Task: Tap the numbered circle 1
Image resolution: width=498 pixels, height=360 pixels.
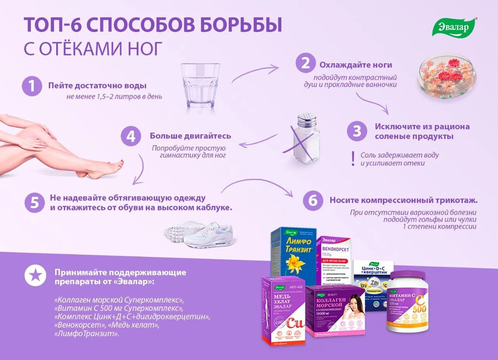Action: pyautogui.click(x=32, y=86)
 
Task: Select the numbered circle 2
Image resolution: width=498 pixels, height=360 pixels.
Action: pyautogui.click(x=305, y=64)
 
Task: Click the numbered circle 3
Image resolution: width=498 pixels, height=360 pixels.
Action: pyautogui.click(x=357, y=131)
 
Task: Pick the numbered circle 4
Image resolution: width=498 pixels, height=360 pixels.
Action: pyautogui.click(x=131, y=136)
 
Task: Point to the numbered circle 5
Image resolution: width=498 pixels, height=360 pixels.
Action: pyautogui.click(x=34, y=202)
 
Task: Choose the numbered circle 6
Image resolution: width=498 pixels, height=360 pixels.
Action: pyautogui.click(x=312, y=201)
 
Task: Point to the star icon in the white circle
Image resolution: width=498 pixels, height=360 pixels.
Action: pyautogui.click(x=35, y=276)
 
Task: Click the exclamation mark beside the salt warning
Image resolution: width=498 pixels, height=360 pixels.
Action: pyautogui.click(x=353, y=159)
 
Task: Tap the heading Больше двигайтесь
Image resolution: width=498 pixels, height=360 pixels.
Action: pyautogui.click(x=190, y=136)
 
